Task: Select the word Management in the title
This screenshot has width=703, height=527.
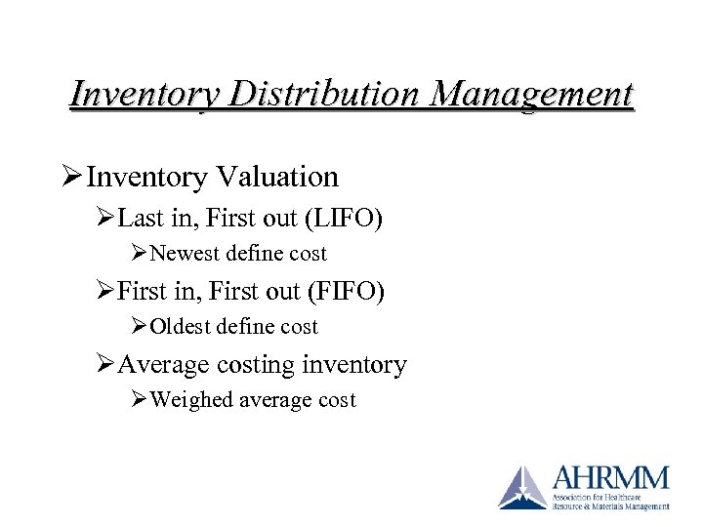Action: tap(533, 95)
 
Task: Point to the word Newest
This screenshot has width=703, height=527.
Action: tap(185, 254)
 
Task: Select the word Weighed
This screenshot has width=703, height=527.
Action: tap(189, 400)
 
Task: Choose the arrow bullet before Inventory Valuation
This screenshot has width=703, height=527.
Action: tap(73, 177)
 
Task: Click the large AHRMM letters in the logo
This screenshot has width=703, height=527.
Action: tap(610, 478)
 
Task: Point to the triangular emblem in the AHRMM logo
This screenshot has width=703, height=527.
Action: tap(523, 487)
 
